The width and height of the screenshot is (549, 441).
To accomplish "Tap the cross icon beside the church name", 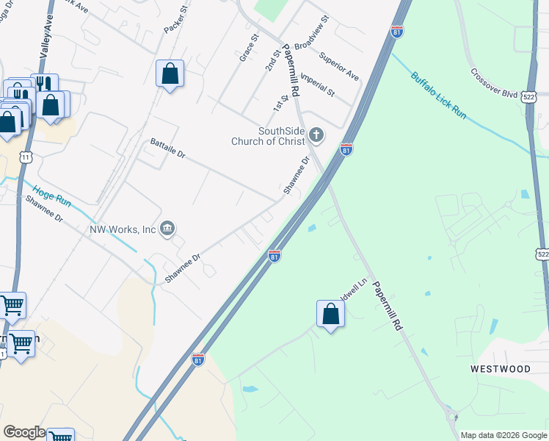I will pos(316,135).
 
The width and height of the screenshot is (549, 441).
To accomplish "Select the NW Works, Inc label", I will pos(123,229).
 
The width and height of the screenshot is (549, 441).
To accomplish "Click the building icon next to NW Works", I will pos(167,229).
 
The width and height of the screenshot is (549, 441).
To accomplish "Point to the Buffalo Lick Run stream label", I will pos(438,96).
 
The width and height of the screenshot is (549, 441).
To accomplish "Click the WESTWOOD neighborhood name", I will pos(501,368).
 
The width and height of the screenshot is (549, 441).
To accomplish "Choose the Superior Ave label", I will pos(339,66).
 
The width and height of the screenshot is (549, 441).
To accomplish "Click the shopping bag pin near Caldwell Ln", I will pos(331,315).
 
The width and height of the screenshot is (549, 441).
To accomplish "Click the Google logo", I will pos(24,432).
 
